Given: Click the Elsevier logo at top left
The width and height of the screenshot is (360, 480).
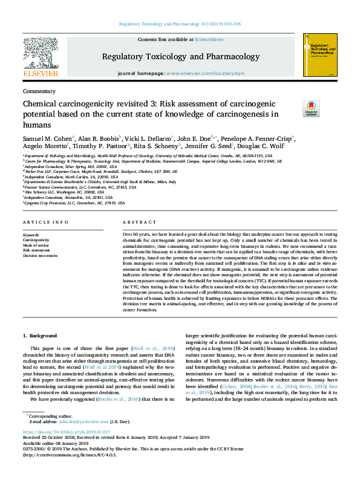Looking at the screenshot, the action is (x=41, y=58).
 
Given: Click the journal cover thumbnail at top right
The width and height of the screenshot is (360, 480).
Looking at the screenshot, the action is (x=318, y=55).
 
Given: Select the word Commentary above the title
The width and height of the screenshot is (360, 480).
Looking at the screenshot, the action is (x=38, y=91).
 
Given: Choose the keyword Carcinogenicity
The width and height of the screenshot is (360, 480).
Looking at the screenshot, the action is (x=36, y=240).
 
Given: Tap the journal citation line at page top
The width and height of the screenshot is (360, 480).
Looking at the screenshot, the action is (x=180, y=24).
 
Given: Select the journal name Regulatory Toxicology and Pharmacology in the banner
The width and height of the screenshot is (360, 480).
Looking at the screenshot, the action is (x=180, y=56).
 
